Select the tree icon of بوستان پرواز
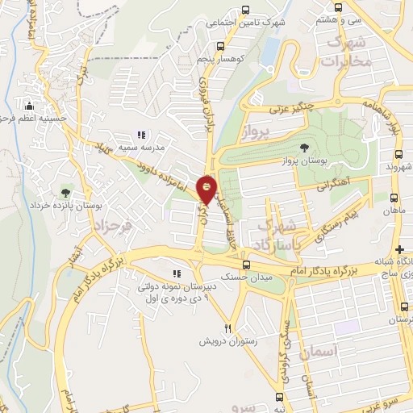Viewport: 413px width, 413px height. (304, 148)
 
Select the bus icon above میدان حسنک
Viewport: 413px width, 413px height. (247, 264)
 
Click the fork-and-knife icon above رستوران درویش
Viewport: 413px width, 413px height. (228, 327)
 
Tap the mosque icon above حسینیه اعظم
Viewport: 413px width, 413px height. (31, 105)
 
